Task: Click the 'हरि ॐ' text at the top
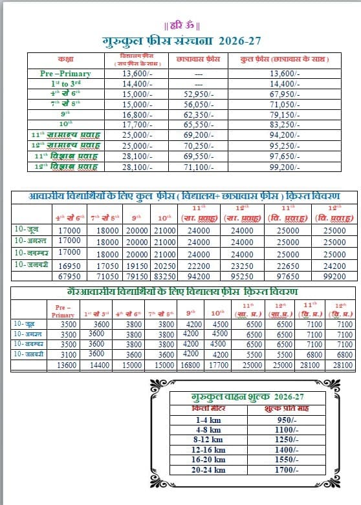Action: pyautogui.click(x=181, y=26)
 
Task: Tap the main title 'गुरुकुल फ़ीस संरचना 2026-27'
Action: pyautogui.click(x=181, y=41)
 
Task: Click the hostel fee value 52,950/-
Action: pyautogui.click(x=199, y=94)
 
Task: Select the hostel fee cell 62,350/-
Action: pyautogui.click(x=199, y=114)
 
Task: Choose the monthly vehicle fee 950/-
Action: pyautogui.click(x=285, y=420)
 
